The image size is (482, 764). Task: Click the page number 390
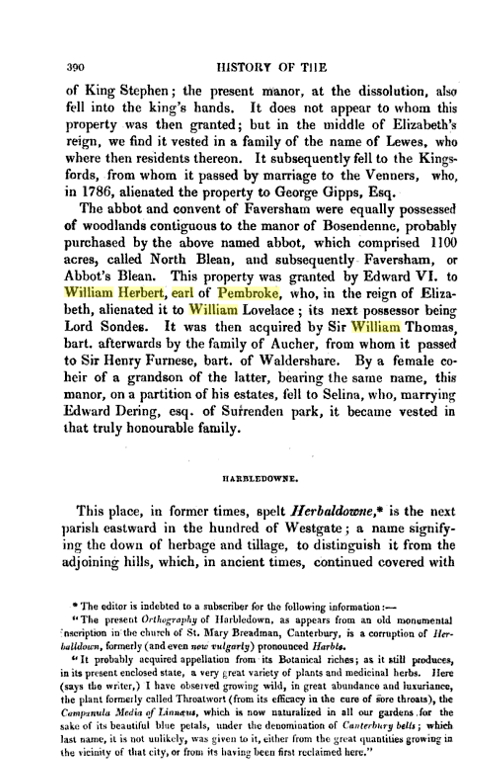tap(76, 67)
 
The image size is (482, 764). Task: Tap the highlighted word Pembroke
tap(248, 294)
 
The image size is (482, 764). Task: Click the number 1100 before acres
tap(442, 243)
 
